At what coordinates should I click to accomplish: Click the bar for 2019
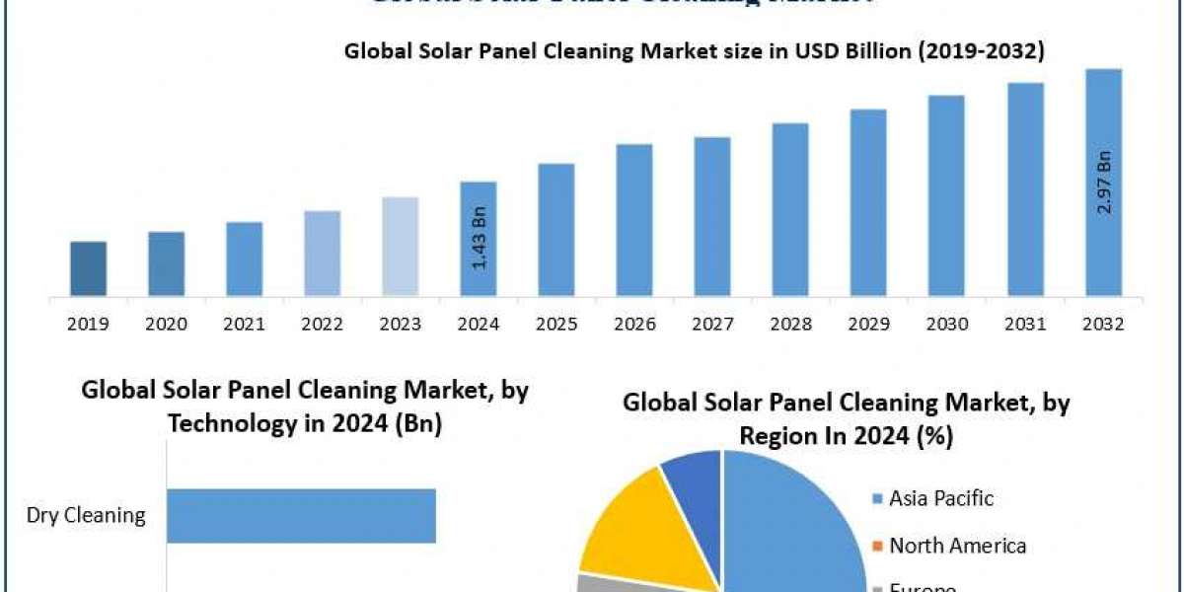pos(89,268)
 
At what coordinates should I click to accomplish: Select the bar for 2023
pos(401,246)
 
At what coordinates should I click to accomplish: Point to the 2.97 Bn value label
pos(1104,183)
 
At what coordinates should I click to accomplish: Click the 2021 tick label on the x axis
pos(245,324)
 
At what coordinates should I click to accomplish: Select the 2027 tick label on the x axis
pos(712,324)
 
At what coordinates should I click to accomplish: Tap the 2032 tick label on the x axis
pos(1103,324)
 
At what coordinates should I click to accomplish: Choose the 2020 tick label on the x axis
pos(167,324)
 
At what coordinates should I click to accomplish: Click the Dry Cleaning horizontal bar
pos(301,515)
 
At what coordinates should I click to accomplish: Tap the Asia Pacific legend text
pos(941,498)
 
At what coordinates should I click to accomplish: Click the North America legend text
pos(957,546)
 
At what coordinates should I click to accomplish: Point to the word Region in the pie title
pos(777,436)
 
